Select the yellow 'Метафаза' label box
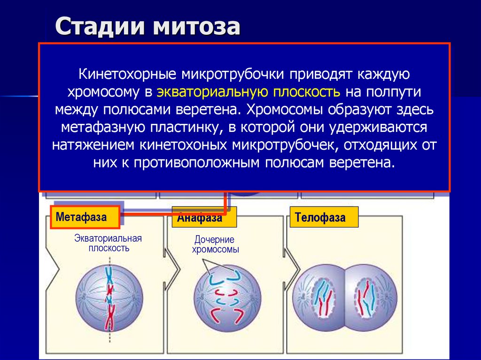point(85,217)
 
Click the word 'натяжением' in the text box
point(93,145)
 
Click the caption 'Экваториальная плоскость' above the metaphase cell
point(109,243)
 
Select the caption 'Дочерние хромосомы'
point(216,245)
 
